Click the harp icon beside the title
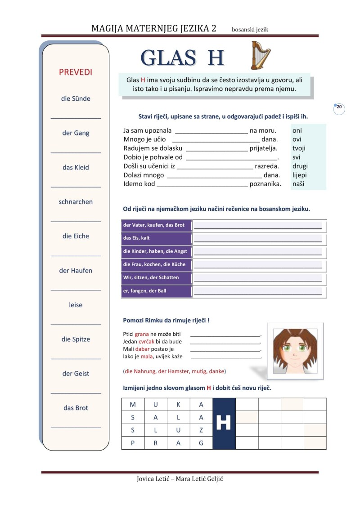point(261,55)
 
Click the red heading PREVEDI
point(76,72)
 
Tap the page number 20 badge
point(339,107)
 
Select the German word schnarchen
point(76,202)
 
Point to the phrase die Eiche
point(76,236)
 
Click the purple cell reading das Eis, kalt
point(156,238)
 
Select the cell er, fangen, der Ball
point(156,291)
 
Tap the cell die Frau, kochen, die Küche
point(156,264)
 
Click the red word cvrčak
point(146,342)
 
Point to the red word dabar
point(143,349)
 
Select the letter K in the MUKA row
point(178,405)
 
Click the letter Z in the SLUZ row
point(201,430)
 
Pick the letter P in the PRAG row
point(133,443)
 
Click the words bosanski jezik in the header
point(250,30)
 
